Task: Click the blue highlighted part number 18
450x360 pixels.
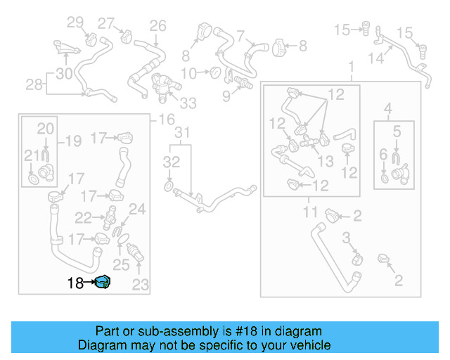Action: [x=104, y=283]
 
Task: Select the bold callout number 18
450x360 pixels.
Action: [x=75, y=283]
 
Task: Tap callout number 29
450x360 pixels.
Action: [x=75, y=22]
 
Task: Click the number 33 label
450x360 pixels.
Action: [x=188, y=104]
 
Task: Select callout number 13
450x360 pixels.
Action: [x=326, y=161]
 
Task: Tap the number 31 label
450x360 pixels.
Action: [x=182, y=133]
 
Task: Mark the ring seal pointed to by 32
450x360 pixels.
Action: [x=168, y=187]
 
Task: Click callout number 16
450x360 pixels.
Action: [x=167, y=120]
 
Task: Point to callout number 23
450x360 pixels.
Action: [x=141, y=285]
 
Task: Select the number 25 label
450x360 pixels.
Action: [x=122, y=264]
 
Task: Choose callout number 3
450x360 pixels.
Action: [x=346, y=240]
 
